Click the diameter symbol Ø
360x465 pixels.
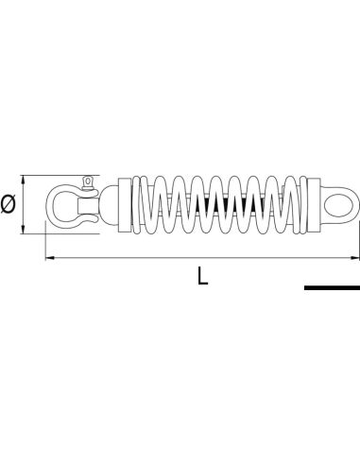(9, 201)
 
